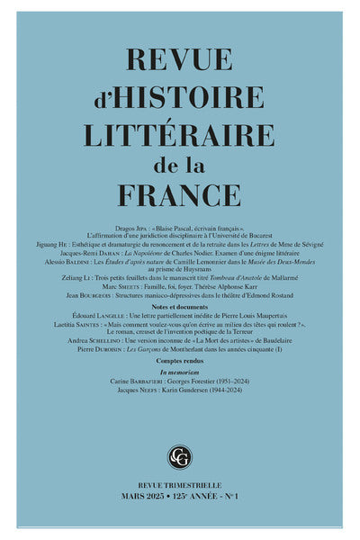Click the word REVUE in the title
pyautogui.click(x=180, y=61)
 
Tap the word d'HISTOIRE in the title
pyautogui.click(x=180, y=98)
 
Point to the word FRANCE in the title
pyautogui.click(x=180, y=199)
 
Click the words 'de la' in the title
pyautogui.click(x=180, y=167)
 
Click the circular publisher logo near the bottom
pyautogui.click(x=180, y=456)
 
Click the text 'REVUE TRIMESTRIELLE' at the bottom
pyautogui.click(x=180, y=485)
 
